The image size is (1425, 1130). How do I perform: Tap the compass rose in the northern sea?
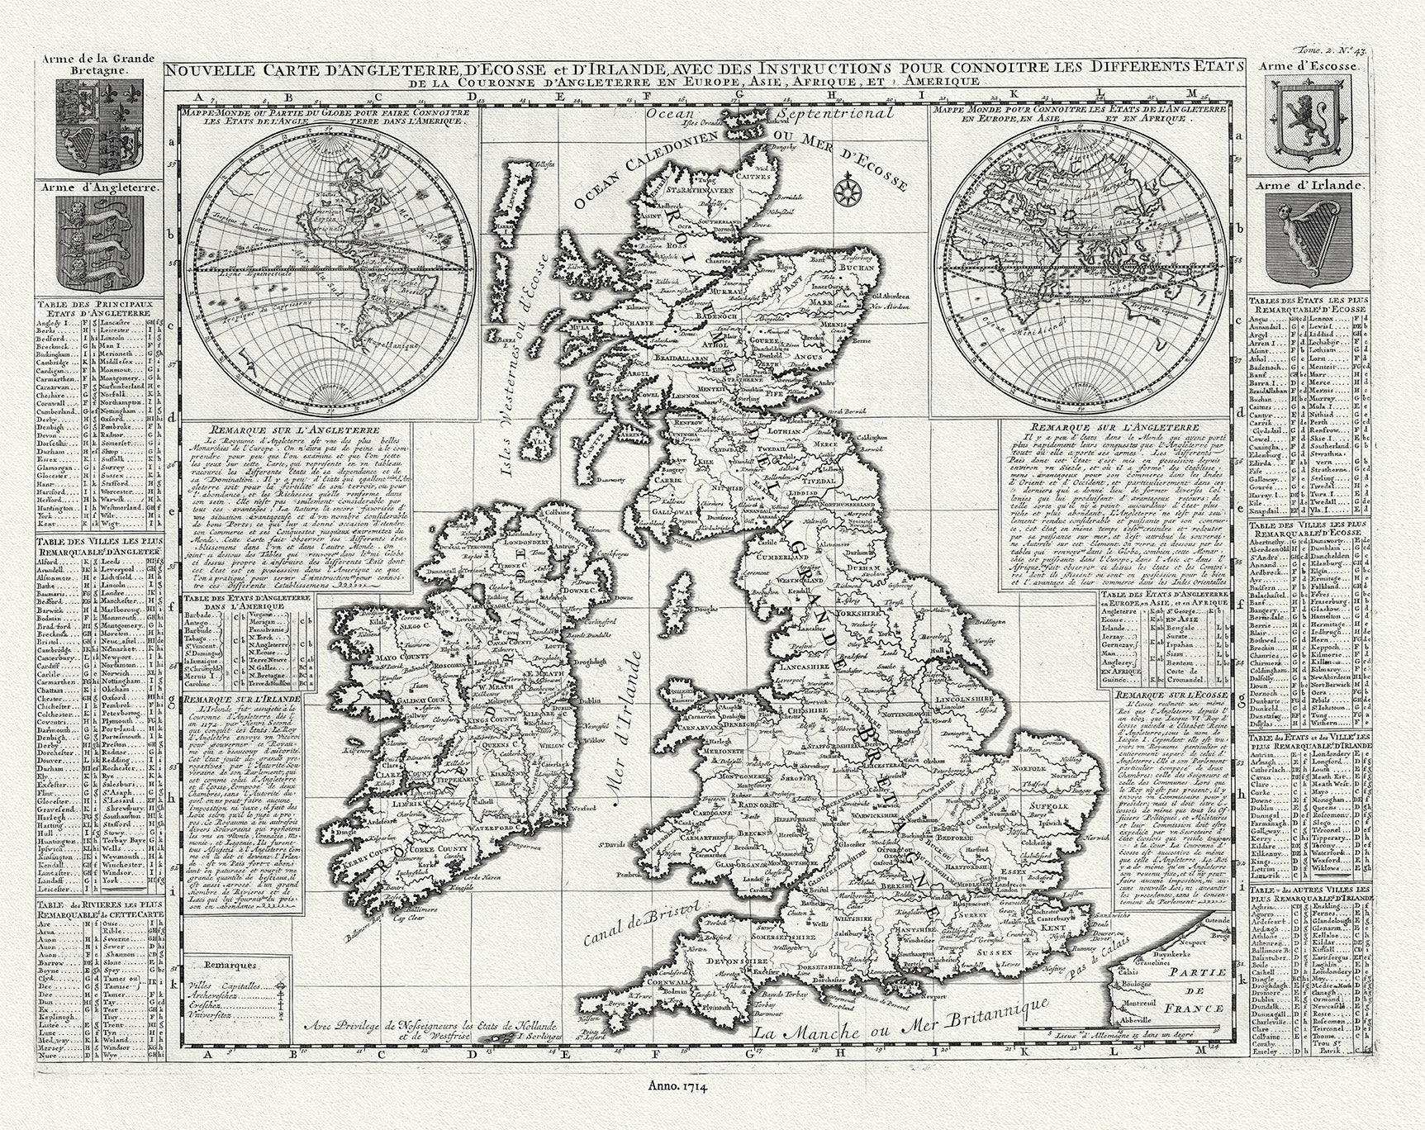coord(847,192)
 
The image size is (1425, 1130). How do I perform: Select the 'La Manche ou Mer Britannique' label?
coord(900,1021)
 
